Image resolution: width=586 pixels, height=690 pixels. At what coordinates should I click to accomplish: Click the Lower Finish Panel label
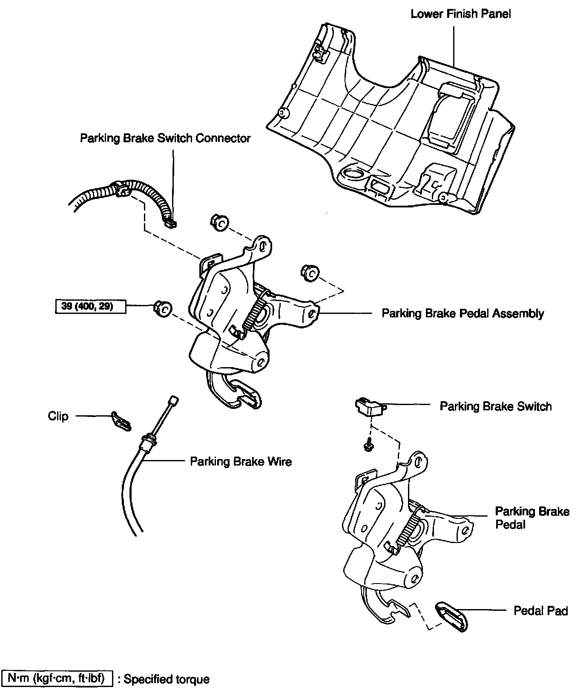(460, 14)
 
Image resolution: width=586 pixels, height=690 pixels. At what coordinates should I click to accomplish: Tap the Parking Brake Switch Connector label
(165, 138)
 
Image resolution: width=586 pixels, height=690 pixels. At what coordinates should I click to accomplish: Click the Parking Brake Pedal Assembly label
(462, 314)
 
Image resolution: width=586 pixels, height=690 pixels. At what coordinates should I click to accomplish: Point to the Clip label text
(58, 416)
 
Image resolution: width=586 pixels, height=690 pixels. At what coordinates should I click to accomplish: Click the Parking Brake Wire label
(241, 462)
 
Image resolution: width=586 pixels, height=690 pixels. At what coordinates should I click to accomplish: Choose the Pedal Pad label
(540, 611)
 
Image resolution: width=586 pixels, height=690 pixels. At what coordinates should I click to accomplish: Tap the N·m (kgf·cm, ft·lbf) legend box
(57, 678)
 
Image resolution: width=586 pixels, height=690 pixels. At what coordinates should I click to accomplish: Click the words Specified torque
(167, 679)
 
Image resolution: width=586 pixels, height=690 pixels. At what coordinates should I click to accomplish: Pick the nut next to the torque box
(163, 308)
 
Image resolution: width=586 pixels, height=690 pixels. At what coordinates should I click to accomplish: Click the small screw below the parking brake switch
(366, 444)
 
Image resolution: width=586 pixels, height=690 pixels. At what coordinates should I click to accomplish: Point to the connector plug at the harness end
(170, 221)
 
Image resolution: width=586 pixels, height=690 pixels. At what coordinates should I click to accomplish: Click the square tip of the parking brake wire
(173, 400)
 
